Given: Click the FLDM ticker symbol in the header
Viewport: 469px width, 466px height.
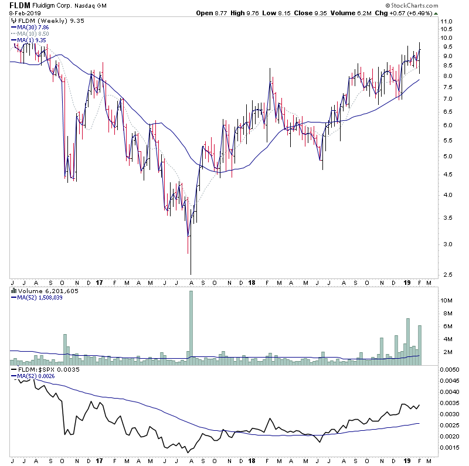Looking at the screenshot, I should coord(19,6).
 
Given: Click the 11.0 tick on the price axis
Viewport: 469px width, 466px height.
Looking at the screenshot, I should coord(446,22).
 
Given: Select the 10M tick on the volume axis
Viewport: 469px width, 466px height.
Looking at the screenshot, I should coord(447,301).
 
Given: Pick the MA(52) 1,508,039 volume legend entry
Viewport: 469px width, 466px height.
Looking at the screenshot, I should coord(40,297).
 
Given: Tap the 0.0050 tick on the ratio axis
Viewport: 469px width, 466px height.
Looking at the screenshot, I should coord(450,370).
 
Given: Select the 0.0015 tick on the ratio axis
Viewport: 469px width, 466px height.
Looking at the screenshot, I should coord(450,448).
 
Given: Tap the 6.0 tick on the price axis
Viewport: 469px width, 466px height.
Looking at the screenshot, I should coord(446,125).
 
